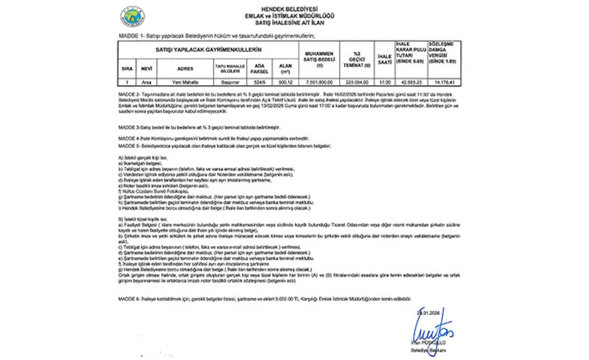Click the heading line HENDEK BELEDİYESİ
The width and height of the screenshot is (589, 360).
point(290,9)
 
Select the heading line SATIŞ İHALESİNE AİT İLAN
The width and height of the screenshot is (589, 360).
point(290,23)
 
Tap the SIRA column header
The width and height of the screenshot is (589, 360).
point(127,68)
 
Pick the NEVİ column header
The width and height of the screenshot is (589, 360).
point(145,68)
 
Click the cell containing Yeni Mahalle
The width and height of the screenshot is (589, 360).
point(185,83)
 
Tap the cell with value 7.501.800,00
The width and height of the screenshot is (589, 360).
point(320,83)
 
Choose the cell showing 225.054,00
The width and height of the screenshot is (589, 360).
point(357,83)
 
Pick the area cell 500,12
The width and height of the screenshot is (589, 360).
point(285,83)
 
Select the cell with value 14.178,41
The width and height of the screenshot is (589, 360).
point(445,83)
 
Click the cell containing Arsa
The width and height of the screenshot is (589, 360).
point(145,83)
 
